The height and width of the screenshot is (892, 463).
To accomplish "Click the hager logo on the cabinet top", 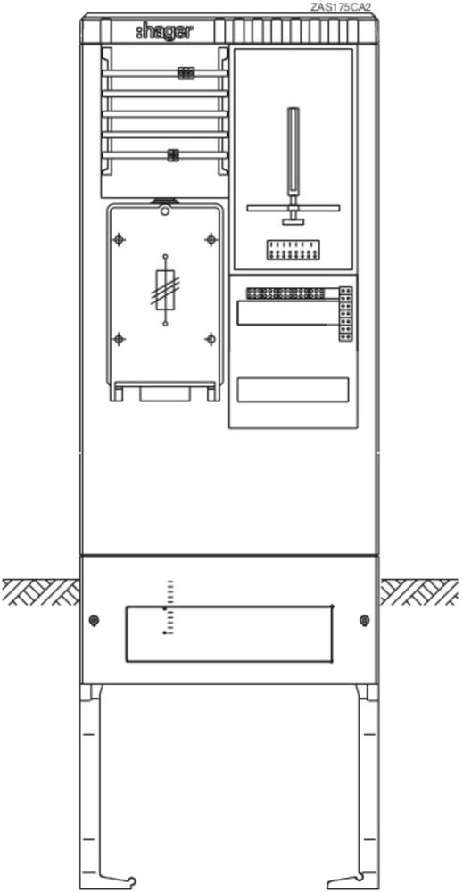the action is click(x=164, y=32).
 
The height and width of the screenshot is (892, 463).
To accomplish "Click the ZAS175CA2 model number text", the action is click(x=341, y=7).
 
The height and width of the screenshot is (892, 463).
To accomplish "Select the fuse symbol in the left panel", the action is click(x=165, y=290).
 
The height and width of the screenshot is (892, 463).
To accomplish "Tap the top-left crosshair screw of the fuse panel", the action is click(x=119, y=239).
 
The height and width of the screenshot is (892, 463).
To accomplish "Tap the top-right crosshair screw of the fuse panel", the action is click(x=211, y=239).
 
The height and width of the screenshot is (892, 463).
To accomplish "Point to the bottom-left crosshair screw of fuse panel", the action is click(x=119, y=340).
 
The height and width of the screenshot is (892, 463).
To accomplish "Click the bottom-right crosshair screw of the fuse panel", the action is click(x=211, y=340).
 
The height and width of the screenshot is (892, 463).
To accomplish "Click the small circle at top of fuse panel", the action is click(x=165, y=211).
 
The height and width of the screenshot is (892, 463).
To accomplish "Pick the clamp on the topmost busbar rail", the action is click(x=186, y=73).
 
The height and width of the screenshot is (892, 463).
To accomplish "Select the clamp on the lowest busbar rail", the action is click(x=173, y=154).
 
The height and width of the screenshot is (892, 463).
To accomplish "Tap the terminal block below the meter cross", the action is click(x=293, y=250).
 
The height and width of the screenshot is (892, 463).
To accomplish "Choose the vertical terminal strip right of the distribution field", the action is click(x=345, y=314).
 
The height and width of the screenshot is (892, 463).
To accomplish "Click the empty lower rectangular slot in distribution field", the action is click(x=293, y=390).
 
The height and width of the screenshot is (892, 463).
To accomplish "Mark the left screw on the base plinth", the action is click(x=95, y=620).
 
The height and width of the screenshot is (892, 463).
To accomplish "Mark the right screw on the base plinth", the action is click(x=365, y=620).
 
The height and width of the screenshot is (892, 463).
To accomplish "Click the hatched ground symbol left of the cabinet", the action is click(x=41, y=591).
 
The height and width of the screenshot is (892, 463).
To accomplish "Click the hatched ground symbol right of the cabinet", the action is click(x=419, y=591).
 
